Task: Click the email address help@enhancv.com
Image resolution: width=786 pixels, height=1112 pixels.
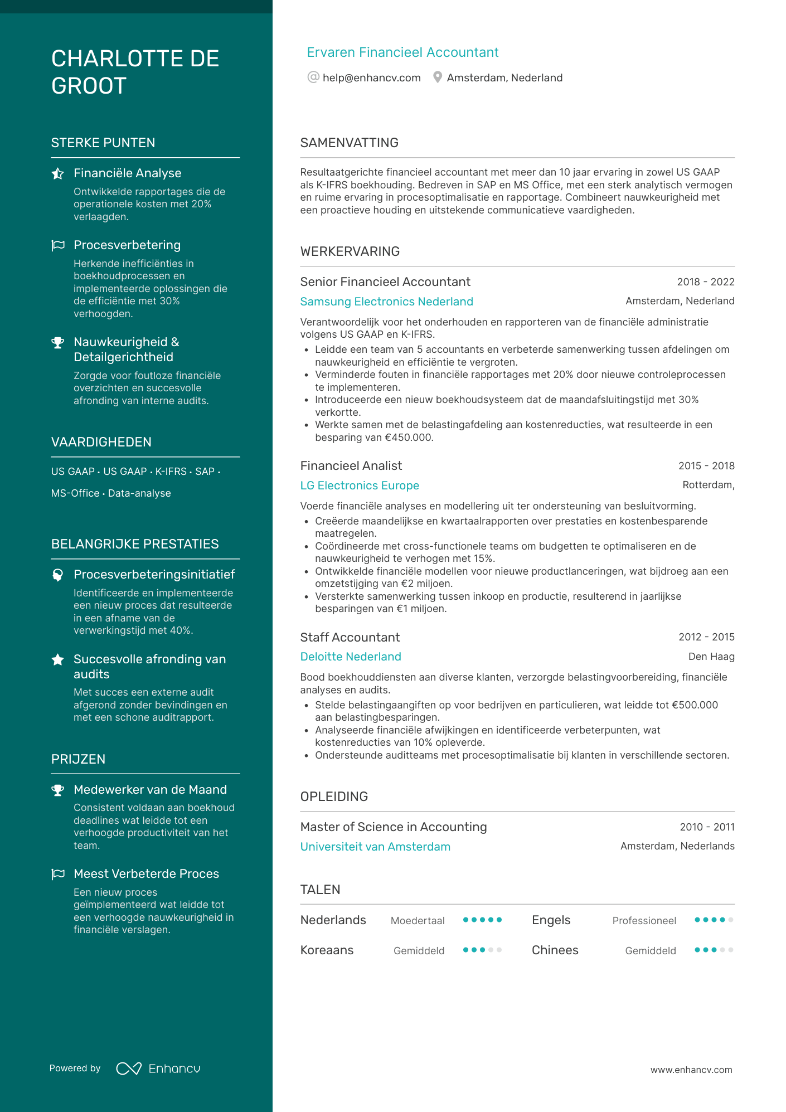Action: pyautogui.click(x=371, y=78)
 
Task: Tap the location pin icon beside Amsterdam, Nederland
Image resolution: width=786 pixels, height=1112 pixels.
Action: pyautogui.click(x=438, y=77)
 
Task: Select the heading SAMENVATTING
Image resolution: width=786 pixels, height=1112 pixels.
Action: pyautogui.click(x=349, y=143)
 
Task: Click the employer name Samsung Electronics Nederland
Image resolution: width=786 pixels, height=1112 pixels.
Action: pyautogui.click(x=386, y=302)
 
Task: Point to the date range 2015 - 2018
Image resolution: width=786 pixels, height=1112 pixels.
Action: pyautogui.click(x=706, y=466)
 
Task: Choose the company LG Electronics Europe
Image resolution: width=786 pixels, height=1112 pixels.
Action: pyautogui.click(x=360, y=485)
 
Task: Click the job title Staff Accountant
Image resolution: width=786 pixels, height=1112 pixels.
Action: pyautogui.click(x=350, y=637)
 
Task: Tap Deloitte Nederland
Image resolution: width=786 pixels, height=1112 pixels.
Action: pyautogui.click(x=350, y=657)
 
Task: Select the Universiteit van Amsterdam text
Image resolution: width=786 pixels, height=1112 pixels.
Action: pyautogui.click(x=375, y=847)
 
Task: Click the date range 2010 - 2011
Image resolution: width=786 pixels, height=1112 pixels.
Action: pyautogui.click(x=707, y=827)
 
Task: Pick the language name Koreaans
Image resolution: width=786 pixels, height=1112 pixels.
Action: pyautogui.click(x=327, y=950)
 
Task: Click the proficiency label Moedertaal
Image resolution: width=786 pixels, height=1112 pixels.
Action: pyautogui.click(x=417, y=921)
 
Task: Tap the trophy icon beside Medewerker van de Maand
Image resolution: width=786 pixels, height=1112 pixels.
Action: pyautogui.click(x=57, y=790)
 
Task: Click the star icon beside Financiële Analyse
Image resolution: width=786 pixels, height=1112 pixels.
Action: pyautogui.click(x=57, y=174)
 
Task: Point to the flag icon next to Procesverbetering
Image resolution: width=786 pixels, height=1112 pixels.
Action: pyautogui.click(x=57, y=245)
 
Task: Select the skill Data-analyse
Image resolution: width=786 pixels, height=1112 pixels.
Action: pyautogui.click(x=139, y=493)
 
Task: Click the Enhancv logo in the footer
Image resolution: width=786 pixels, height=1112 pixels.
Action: pyautogui.click(x=158, y=1069)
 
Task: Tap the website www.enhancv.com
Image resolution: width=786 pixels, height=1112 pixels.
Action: pyautogui.click(x=691, y=1070)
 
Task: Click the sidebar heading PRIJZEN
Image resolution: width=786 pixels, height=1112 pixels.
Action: pyautogui.click(x=78, y=759)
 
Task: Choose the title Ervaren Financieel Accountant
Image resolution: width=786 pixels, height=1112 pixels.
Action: pyautogui.click(x=402, y=52)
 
